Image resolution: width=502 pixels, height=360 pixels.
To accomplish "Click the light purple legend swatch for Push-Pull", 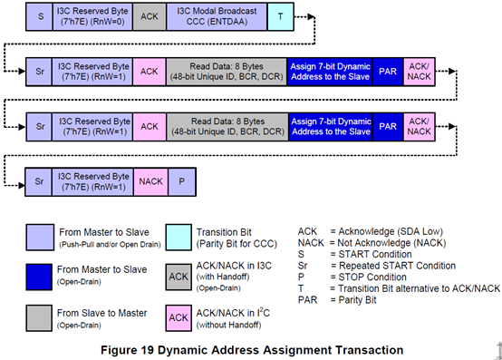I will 43,234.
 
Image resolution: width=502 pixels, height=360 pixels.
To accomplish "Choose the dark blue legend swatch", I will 43,274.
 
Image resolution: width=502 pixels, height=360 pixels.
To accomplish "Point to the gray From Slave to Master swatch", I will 43,314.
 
